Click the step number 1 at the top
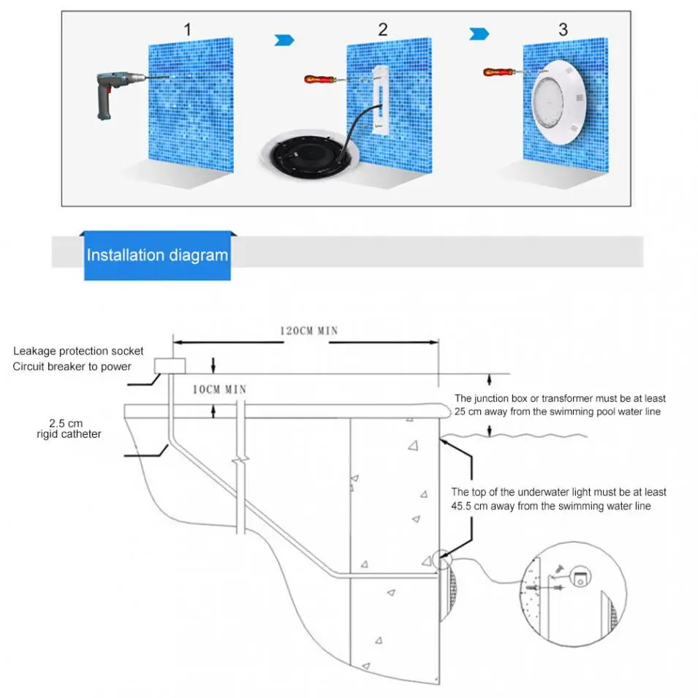188,29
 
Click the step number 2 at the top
383,29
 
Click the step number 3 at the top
562,29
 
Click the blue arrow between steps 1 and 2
284,39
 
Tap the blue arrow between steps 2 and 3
478,34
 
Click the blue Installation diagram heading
157,255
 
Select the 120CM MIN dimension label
309,330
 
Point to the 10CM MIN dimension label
219,390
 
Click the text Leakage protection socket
78,352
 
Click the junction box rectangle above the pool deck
170,366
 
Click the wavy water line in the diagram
512,437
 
